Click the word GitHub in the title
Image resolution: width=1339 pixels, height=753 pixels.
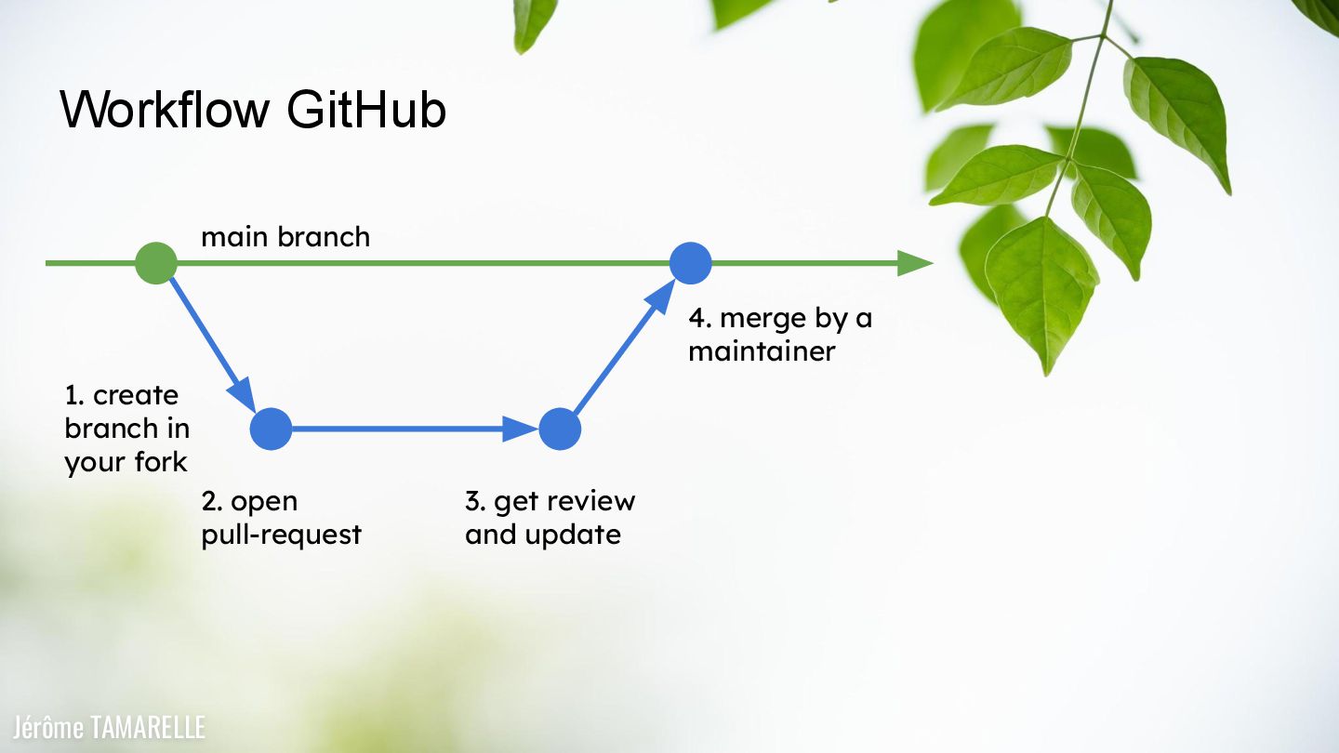(x=366, y=110)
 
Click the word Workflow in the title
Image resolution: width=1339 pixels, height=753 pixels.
(x=165, y=110)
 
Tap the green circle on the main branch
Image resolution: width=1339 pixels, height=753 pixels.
(x=156, y=263)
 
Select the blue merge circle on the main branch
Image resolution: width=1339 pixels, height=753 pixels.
(x=691, y=263)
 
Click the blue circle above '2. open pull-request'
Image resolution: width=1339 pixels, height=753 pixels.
(x=272, y=429)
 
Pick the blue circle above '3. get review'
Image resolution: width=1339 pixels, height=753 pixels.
(x=560, y=429)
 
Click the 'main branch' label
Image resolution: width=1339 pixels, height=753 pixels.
(x=285, y=237)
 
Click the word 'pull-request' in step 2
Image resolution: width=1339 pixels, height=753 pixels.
(x=281, y=535)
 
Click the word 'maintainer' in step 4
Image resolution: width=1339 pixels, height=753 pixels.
(x=762, y=352)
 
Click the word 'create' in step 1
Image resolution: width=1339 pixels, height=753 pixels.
(x=136, y=395)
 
